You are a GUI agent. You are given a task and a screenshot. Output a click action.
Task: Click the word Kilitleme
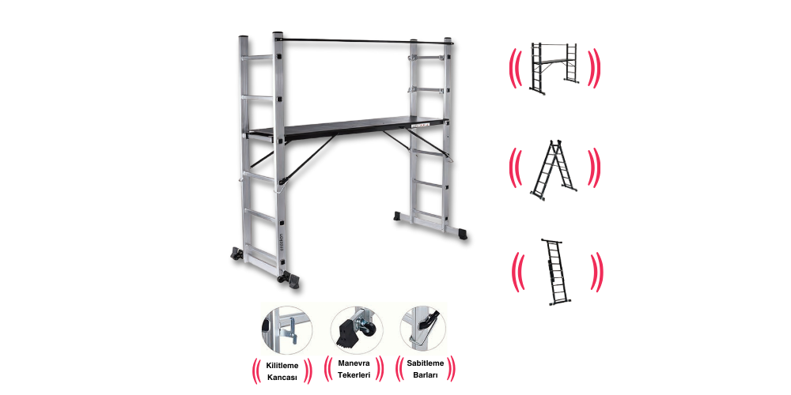pyautogui.click(x=282, y=366)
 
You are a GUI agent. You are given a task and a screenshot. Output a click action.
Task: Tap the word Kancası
pyautogui.click(x=282, y=378)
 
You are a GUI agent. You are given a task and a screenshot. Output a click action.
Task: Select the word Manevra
pyautogui.click(x=354, y=363)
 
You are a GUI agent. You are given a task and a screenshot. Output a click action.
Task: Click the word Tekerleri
pyautogui.click(x=354, y=374)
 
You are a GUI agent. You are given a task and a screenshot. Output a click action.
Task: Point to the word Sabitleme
pyautogui.click(x=426, y=363)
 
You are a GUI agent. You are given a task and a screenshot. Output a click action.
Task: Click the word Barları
pyautogui.click(x=426, y=374)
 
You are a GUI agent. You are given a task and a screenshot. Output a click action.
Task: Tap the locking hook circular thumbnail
pyautogui.click(x=286, y=330)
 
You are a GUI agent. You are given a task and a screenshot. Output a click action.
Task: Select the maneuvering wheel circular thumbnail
pyautogui.click(x=357, y=330)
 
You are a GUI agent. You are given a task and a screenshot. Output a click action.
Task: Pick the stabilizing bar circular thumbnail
pyautogui.click(x=422, y=330)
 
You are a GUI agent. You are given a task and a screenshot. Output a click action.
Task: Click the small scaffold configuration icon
pyautogui.click(x=554, y=67)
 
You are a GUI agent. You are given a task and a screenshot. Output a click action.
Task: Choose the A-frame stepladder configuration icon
pyautogui.click(x=554, y=170)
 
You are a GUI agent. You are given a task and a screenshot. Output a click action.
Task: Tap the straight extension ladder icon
pyautogui.click(x=555, y=272)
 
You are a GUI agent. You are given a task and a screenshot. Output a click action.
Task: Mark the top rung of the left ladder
pyautogui.click(x=258, y=58)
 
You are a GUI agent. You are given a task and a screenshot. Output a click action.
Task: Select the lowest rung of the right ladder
pyautogui.click(x=428, y=214)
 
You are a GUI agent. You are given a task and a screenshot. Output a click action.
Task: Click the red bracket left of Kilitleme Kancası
pyautogui.click(x=255, y=371)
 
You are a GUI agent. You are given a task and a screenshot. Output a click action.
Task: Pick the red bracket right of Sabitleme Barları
pyautogui.click(x=451, y=368)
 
